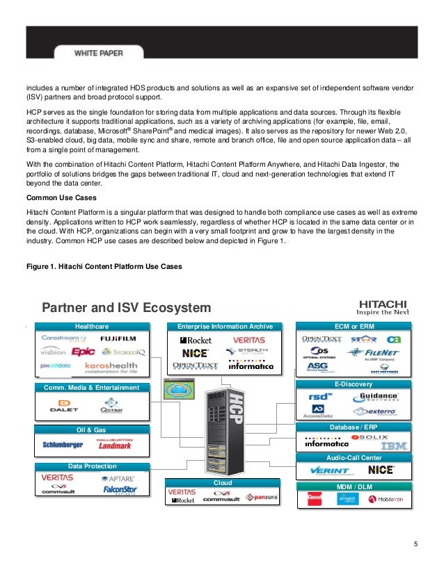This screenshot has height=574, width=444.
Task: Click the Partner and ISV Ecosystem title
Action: (x=126, y=308)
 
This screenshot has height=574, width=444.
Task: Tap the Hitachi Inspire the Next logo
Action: (x=383, y=306)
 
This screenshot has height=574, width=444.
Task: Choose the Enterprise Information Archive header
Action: (x=219, y=325)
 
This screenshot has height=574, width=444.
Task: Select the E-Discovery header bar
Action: (x=353, y=384)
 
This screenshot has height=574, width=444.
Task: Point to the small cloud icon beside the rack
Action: (x=178, y=389)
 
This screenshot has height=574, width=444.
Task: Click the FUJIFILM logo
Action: (x=118, y=338)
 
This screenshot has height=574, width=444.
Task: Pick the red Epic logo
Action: (x=83, y=352)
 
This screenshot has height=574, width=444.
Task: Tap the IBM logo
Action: (x=393, y=445)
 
